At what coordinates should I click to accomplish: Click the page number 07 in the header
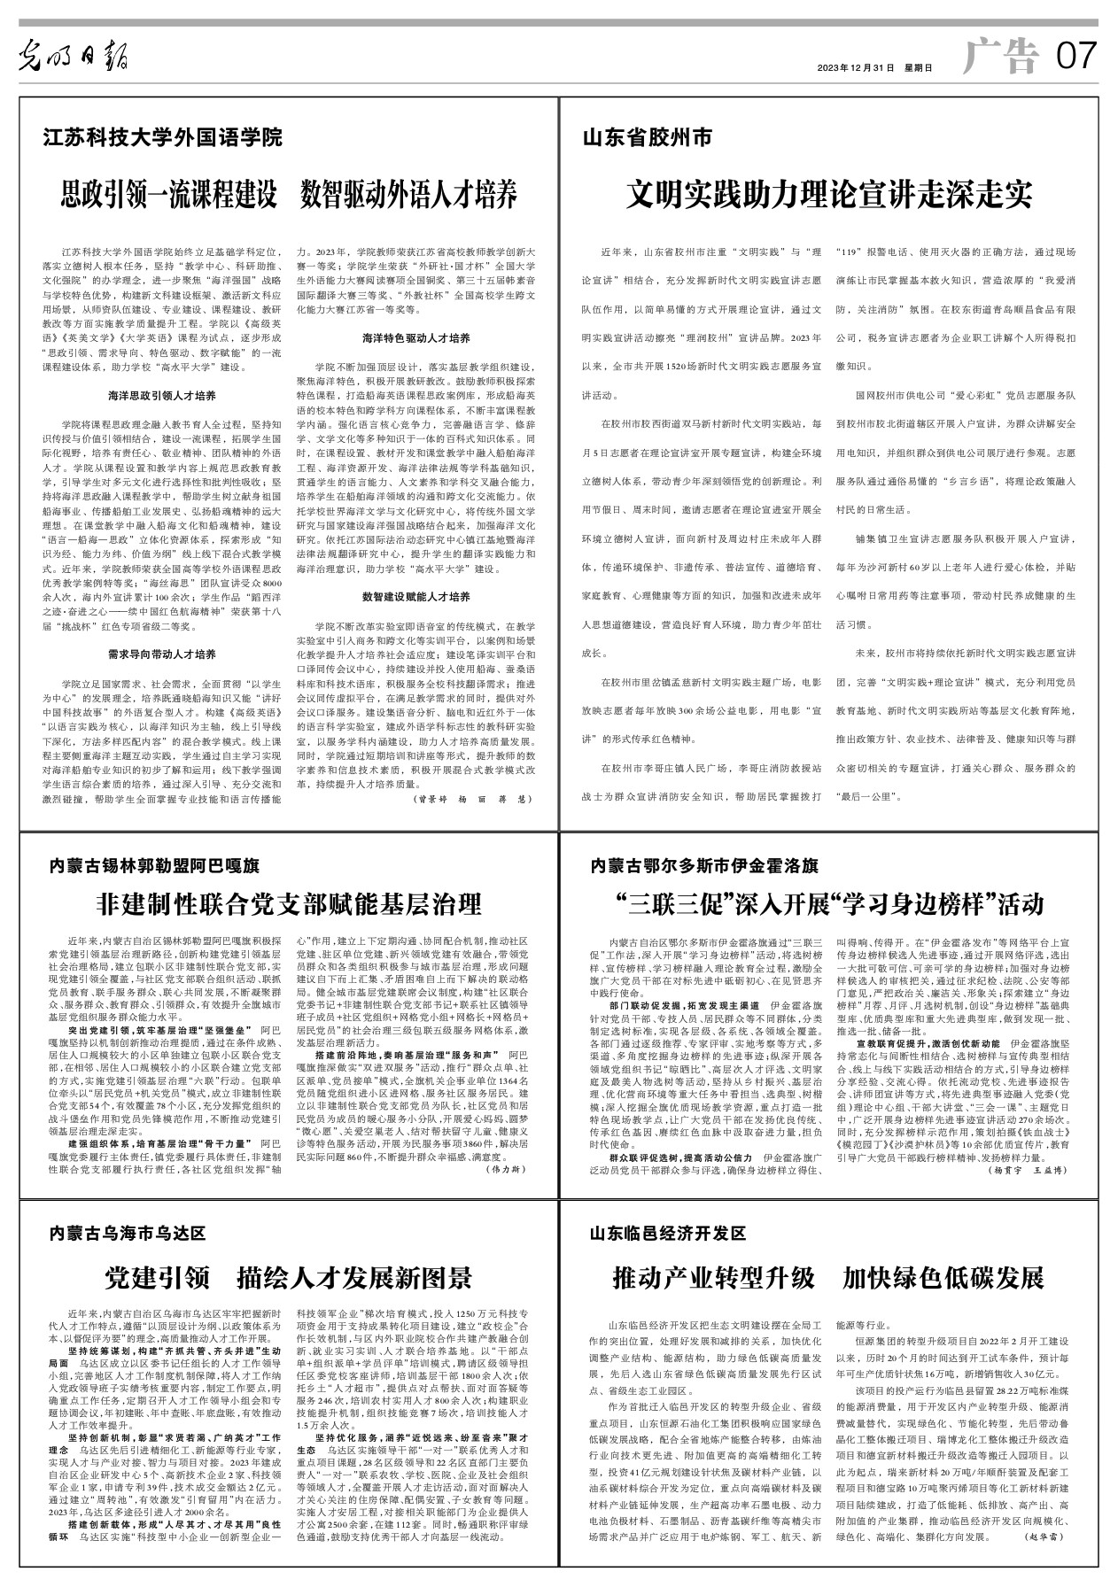pyautogui.click(x=1075, y=58)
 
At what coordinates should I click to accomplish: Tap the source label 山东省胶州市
pyautogui.click(x=647, y=138)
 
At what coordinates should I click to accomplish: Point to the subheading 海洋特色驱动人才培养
pyautogui.click(x=416, y=338)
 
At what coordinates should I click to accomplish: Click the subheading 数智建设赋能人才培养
pyautogui.click(x=416, y=597)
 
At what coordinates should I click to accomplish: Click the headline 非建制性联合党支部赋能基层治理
pyautogui.click(x=288, y=904)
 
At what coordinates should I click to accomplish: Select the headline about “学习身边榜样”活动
pyautogui.click(x=830, y=904)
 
